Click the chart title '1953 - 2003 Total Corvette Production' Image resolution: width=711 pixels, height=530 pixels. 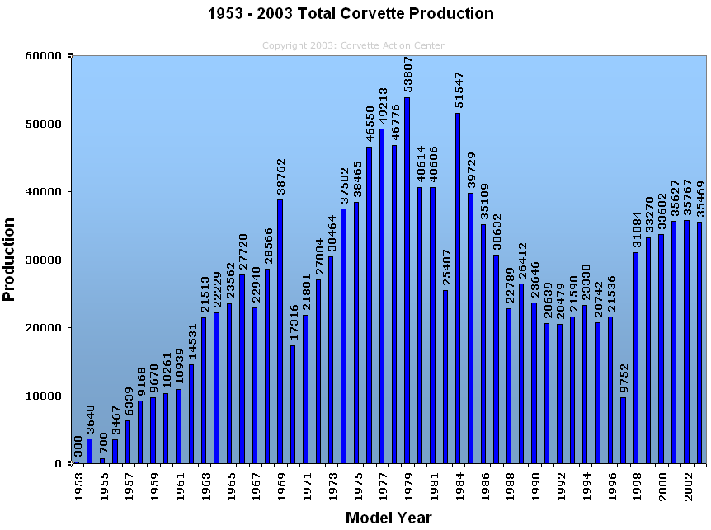351,14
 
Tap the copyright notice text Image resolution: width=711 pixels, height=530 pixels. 353,46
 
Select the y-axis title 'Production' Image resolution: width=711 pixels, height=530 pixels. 10,260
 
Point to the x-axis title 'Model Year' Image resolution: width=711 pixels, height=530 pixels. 388,518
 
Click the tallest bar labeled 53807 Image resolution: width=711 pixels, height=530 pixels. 407,280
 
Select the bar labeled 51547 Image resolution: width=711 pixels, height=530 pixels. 458,288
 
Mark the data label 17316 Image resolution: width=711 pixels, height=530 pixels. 293,322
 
